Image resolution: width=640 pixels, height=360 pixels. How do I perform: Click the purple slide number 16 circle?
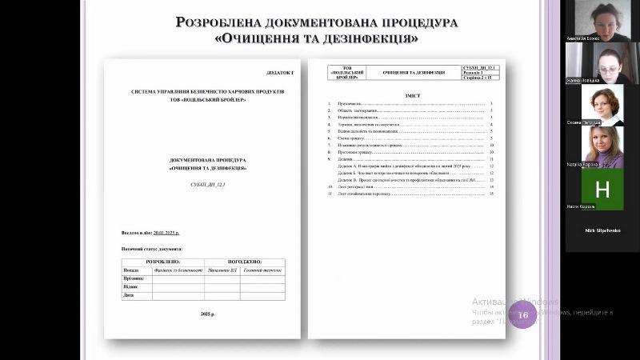tap(523, 314)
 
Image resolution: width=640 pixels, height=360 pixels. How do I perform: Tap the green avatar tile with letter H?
tap(602, 189)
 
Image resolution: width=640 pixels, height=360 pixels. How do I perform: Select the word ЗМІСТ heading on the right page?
tap(412, 95)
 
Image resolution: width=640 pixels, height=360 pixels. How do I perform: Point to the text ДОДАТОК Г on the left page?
tap(281, 73)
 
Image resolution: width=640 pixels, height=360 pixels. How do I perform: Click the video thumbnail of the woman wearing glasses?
tap(602, 62)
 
